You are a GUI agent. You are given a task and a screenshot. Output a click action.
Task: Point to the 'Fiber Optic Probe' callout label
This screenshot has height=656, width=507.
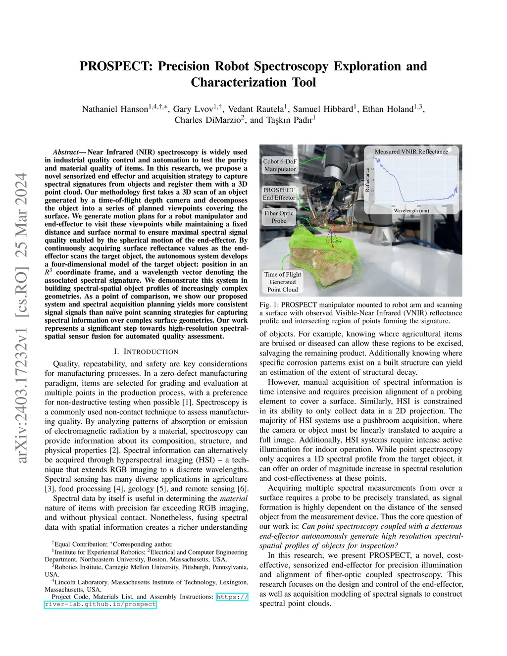click(x=279, y=217)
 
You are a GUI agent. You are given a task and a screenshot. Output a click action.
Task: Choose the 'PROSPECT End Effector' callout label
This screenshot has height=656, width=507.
click(x=279, y=194)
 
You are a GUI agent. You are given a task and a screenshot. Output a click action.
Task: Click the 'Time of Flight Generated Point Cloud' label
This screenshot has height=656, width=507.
click(x=282, y=282)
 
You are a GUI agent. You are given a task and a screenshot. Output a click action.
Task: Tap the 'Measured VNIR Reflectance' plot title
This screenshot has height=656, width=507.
click(x=411, y=151)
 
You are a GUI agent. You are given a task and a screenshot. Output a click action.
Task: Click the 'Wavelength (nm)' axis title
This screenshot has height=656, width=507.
click(x=411, y=210)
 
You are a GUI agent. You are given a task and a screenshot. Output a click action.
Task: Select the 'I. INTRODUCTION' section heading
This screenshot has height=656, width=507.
click(x=146, y=352)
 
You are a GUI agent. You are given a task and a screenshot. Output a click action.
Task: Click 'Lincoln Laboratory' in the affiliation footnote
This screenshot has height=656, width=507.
click(x=80, y=582)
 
